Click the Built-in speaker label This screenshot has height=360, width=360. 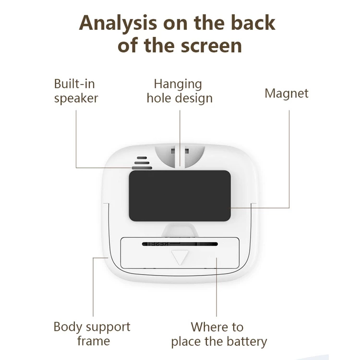[76, 91]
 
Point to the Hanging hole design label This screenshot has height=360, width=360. [180, 91]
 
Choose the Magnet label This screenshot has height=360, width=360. [287, 93]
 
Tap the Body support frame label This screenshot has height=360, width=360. [92, 334]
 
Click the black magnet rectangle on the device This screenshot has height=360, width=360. [180, 195]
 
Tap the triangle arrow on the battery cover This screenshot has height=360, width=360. [180, 257]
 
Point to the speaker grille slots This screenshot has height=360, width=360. [142, 163]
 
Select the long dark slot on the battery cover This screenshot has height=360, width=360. [180, 244]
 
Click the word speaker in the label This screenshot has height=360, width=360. [76, 99]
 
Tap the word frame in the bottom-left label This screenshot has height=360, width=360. [94, 342]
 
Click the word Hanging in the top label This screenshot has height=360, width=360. [178, 84]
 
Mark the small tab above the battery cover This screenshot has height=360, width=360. [180, 229]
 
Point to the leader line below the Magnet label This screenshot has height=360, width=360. [289, 158]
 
